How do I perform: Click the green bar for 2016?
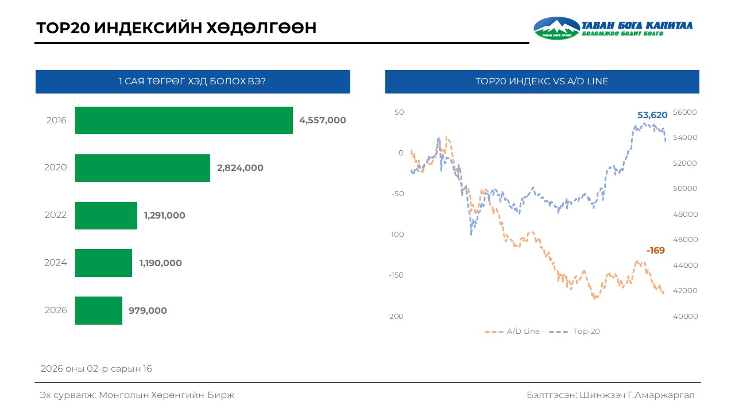184,120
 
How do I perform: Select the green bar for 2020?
142,168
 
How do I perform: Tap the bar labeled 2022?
106,216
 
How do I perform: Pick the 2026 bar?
98,310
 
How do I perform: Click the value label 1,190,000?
160,263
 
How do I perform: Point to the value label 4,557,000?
323,120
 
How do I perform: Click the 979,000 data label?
148,310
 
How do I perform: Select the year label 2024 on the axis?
56,263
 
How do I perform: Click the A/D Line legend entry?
512,332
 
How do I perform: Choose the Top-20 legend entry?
575,332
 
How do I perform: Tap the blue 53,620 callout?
652,115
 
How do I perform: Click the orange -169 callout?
656,251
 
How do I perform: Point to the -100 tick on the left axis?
396,235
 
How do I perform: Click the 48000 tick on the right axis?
685,215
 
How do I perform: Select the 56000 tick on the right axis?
685,112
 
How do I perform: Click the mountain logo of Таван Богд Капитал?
556,28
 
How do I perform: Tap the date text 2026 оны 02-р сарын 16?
96,369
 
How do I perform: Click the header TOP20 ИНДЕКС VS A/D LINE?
541,81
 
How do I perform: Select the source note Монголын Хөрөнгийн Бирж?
167,395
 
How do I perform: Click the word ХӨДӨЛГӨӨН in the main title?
261,28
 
